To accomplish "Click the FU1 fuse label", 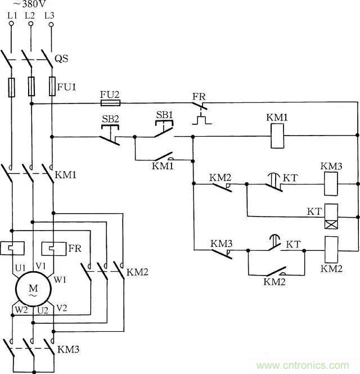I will (x=66, y=87).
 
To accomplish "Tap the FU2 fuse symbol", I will (x=110, y=103).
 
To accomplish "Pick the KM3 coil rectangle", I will (x=331, y=184).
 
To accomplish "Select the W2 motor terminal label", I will (x=20, y=310).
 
